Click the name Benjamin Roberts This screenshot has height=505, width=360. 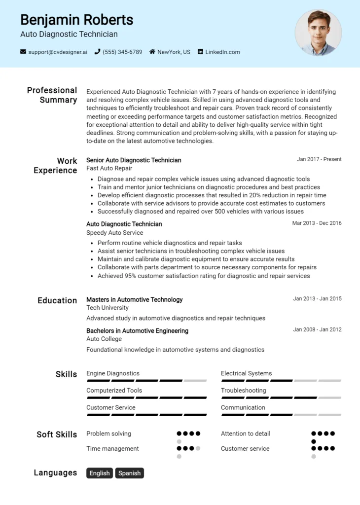pos(76,20)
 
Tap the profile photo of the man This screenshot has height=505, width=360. pos(318,33)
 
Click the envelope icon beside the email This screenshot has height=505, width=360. pos(23,52)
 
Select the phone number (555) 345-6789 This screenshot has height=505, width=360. pos(122,52)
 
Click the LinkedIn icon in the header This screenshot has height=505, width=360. pos(201,52)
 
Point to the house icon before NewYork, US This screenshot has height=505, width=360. pos(152,52)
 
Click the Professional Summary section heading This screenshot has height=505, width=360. pos(52,95)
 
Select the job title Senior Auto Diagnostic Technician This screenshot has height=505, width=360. pos(134,160)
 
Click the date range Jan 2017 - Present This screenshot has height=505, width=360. pos(319,159)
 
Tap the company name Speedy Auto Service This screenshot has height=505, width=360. pos(114,232)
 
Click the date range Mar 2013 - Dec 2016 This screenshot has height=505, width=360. pos(317,223)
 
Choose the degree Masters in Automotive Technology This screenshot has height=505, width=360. pos(134,299)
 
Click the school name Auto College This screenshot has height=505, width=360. pos(104,339)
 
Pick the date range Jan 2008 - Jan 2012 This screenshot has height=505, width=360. pos(317,329)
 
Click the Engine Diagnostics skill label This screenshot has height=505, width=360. pos(113,373)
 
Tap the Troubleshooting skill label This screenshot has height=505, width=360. pos(244,390)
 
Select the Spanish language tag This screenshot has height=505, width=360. pos(130,473)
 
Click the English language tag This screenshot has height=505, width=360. pos(100,473)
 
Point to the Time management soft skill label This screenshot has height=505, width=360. pos(112,448)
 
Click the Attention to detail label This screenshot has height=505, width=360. pos(246,433)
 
